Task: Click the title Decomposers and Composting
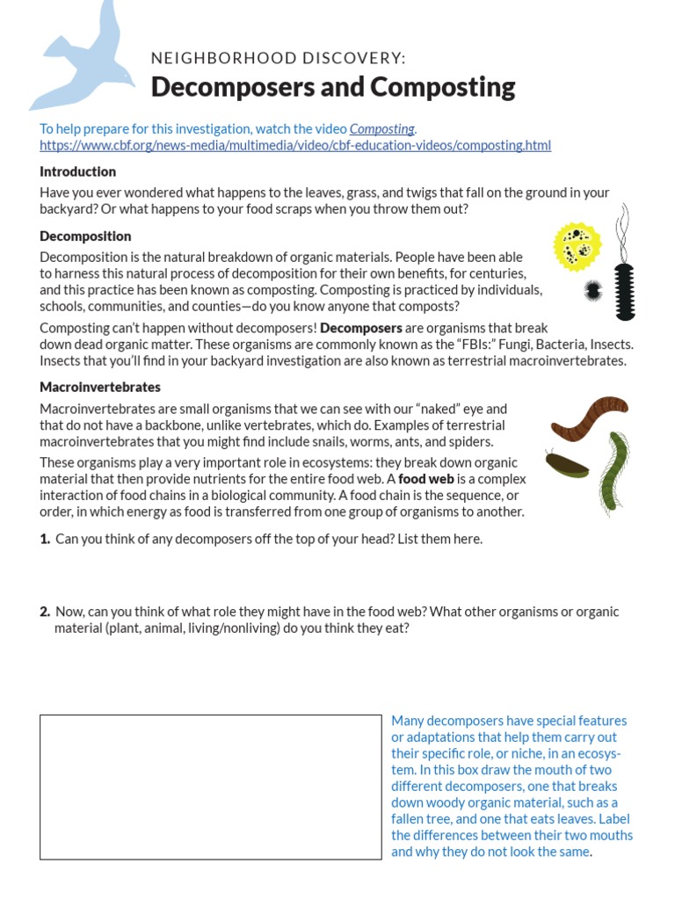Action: pyautogui.click(x=333, y=87)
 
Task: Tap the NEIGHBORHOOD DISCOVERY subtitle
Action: pyautogui.click(x=279, y=58)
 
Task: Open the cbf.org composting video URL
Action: pyautogui.click(x=295, y=145)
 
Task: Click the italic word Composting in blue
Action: pyautogui.click(x=382, y=129)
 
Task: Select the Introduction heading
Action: pyautogui.click(x=77, y=171)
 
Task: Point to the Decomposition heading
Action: pyautogui.click(x=85, y=236)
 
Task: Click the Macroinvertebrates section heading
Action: pyautogui.click(x=100, y=387)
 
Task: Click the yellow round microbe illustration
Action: pyautogui.click(x=577, y=246)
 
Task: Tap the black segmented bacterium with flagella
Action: pyautogui.click(x=625, y=286)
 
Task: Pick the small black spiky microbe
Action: pyautogui.click(x=593, y=289)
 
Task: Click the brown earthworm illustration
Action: pyautogui.click(x=588, y=418)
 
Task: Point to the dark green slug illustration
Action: pyautogui.click(x=567, y=465)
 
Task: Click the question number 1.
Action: pyautogui.click(x=45, y=539)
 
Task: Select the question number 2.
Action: pyautogui.click(x=45, y=611)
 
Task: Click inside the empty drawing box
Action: pyautogui.click(x=210, y=787)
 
